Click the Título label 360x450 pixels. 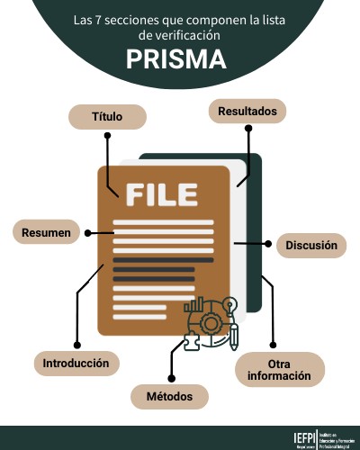tap(107, 117)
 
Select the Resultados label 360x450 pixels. tap(247, 112)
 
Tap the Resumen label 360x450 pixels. tap(46, 233)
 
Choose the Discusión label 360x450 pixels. tap(311, 244)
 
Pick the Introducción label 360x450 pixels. tap(76, 364)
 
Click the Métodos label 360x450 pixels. tap(170, 395)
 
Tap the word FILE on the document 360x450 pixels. tap(161, 193)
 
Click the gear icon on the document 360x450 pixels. tap(211, 322)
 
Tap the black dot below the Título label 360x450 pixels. tap(107, 137)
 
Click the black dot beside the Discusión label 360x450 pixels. tap(267, 243)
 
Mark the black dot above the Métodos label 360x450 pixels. tap(170, 375)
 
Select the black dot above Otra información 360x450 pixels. tap(273, 343)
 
